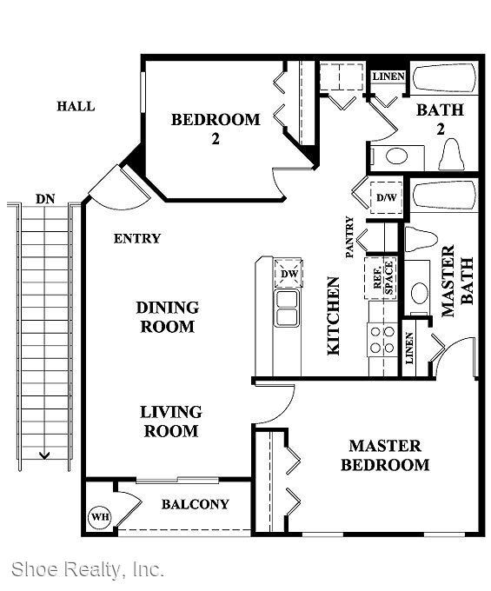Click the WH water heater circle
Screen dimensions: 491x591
point(100,516)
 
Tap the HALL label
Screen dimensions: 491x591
point(76,106)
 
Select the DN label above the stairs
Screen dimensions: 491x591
point(45,199)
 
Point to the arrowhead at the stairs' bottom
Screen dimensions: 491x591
point(44,456)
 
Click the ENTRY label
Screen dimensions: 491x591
point(137,239)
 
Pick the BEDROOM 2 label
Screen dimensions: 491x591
point(216,129)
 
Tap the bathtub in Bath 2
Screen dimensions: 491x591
point(445,78)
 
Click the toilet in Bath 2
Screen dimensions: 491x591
point(451,155)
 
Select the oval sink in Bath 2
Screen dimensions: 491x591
point(397,156)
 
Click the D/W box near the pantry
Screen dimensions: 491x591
point(386,197)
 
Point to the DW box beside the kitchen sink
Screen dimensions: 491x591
point(289,273)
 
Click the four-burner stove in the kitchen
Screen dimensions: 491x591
point(382,340)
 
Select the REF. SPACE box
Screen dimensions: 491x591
point(381,278)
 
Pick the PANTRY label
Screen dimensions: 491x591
point(350,236)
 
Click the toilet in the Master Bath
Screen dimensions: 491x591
point(421,239)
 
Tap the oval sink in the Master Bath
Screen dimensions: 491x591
point(419,293)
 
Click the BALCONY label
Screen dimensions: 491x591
point(196,504)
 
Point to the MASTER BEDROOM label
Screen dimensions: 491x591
point(385,455)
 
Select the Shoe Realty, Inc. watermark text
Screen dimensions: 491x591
point(88,569)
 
